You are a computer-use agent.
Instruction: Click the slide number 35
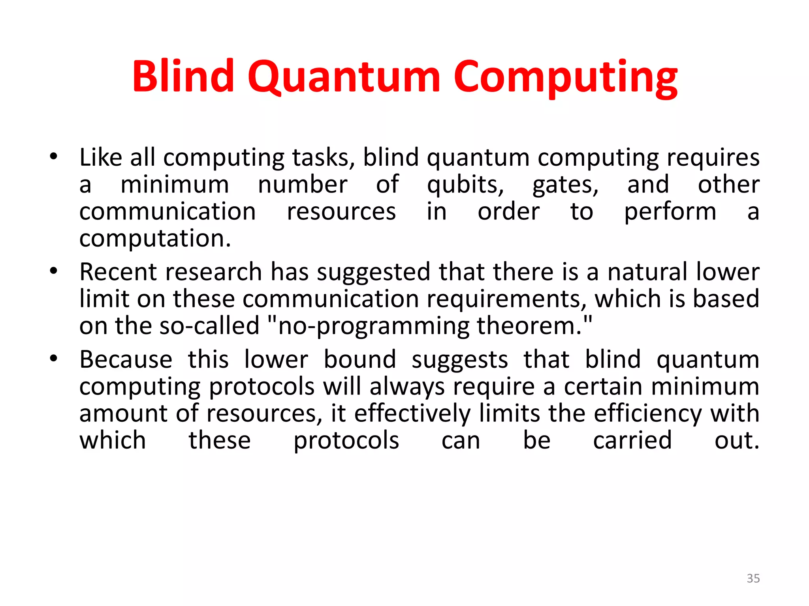[753, 578]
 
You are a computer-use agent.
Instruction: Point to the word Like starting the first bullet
[101, 157]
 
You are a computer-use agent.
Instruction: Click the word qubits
[465, 185]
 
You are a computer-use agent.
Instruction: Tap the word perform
[670, 212]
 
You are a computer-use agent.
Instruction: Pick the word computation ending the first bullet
[155, 239]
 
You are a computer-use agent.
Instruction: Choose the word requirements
[506, 299]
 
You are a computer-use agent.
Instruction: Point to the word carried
[632, 440]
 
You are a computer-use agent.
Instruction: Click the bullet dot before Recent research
[54, 271]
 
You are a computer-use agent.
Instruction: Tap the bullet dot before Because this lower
[54, 359]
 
